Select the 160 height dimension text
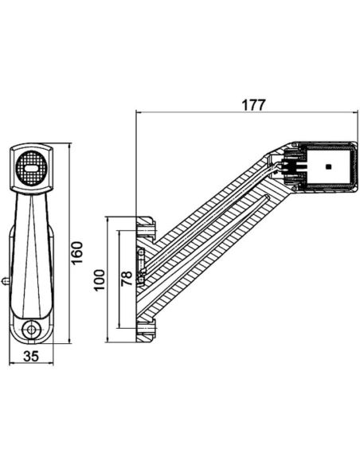click(77, 253)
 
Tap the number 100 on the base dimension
click(99, 279)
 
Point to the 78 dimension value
click(127, 279)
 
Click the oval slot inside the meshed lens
click(33, 167)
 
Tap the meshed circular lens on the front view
click(33, 167)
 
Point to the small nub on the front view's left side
click(6, 280)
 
